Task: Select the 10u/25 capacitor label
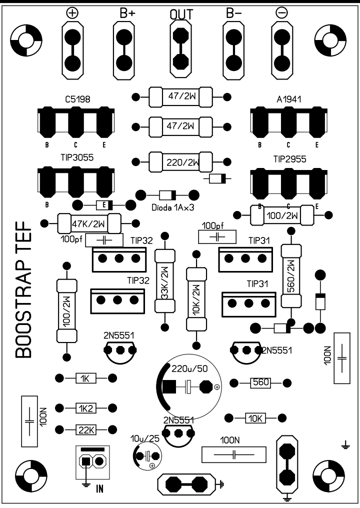pos(145,439)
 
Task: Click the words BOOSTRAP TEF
pos(24,290)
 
